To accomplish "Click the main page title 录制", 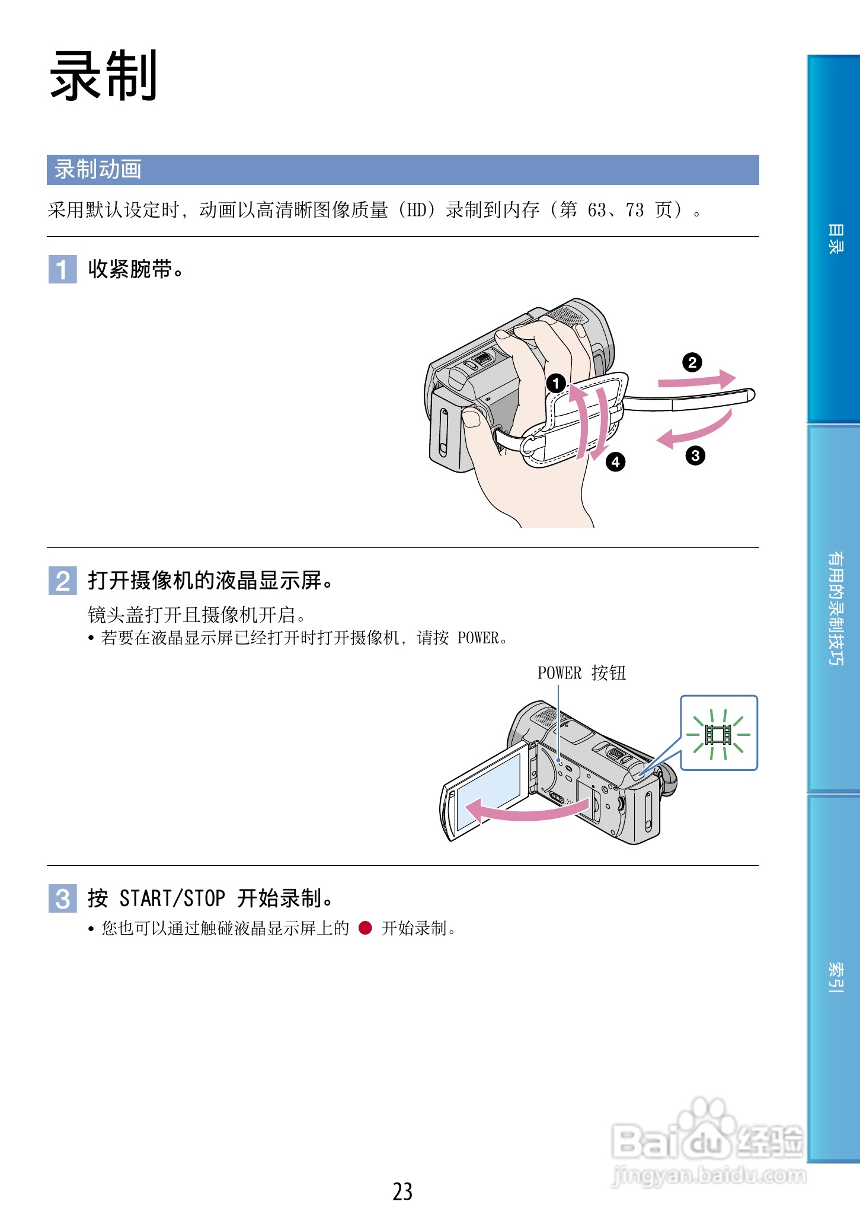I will point(104,76).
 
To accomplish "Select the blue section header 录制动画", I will point(98,170).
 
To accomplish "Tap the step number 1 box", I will point(62,269).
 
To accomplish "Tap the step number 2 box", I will point(62,581).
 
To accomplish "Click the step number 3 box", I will point(62,898).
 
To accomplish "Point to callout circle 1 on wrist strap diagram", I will point(556,383).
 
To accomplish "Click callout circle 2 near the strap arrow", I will point(692,362).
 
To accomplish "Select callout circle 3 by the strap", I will point(695,455).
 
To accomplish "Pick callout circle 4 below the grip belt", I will point(616,461).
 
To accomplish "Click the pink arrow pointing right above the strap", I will point(698,380).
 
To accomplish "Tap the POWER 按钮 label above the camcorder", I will point(581,673).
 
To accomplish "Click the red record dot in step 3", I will point(365,928).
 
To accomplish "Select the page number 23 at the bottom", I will point(402,1191).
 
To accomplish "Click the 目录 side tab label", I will point(835,239).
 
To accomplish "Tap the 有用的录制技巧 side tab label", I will point(835,608).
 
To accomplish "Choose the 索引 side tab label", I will point(835,977).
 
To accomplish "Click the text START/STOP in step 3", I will point(172,898).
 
